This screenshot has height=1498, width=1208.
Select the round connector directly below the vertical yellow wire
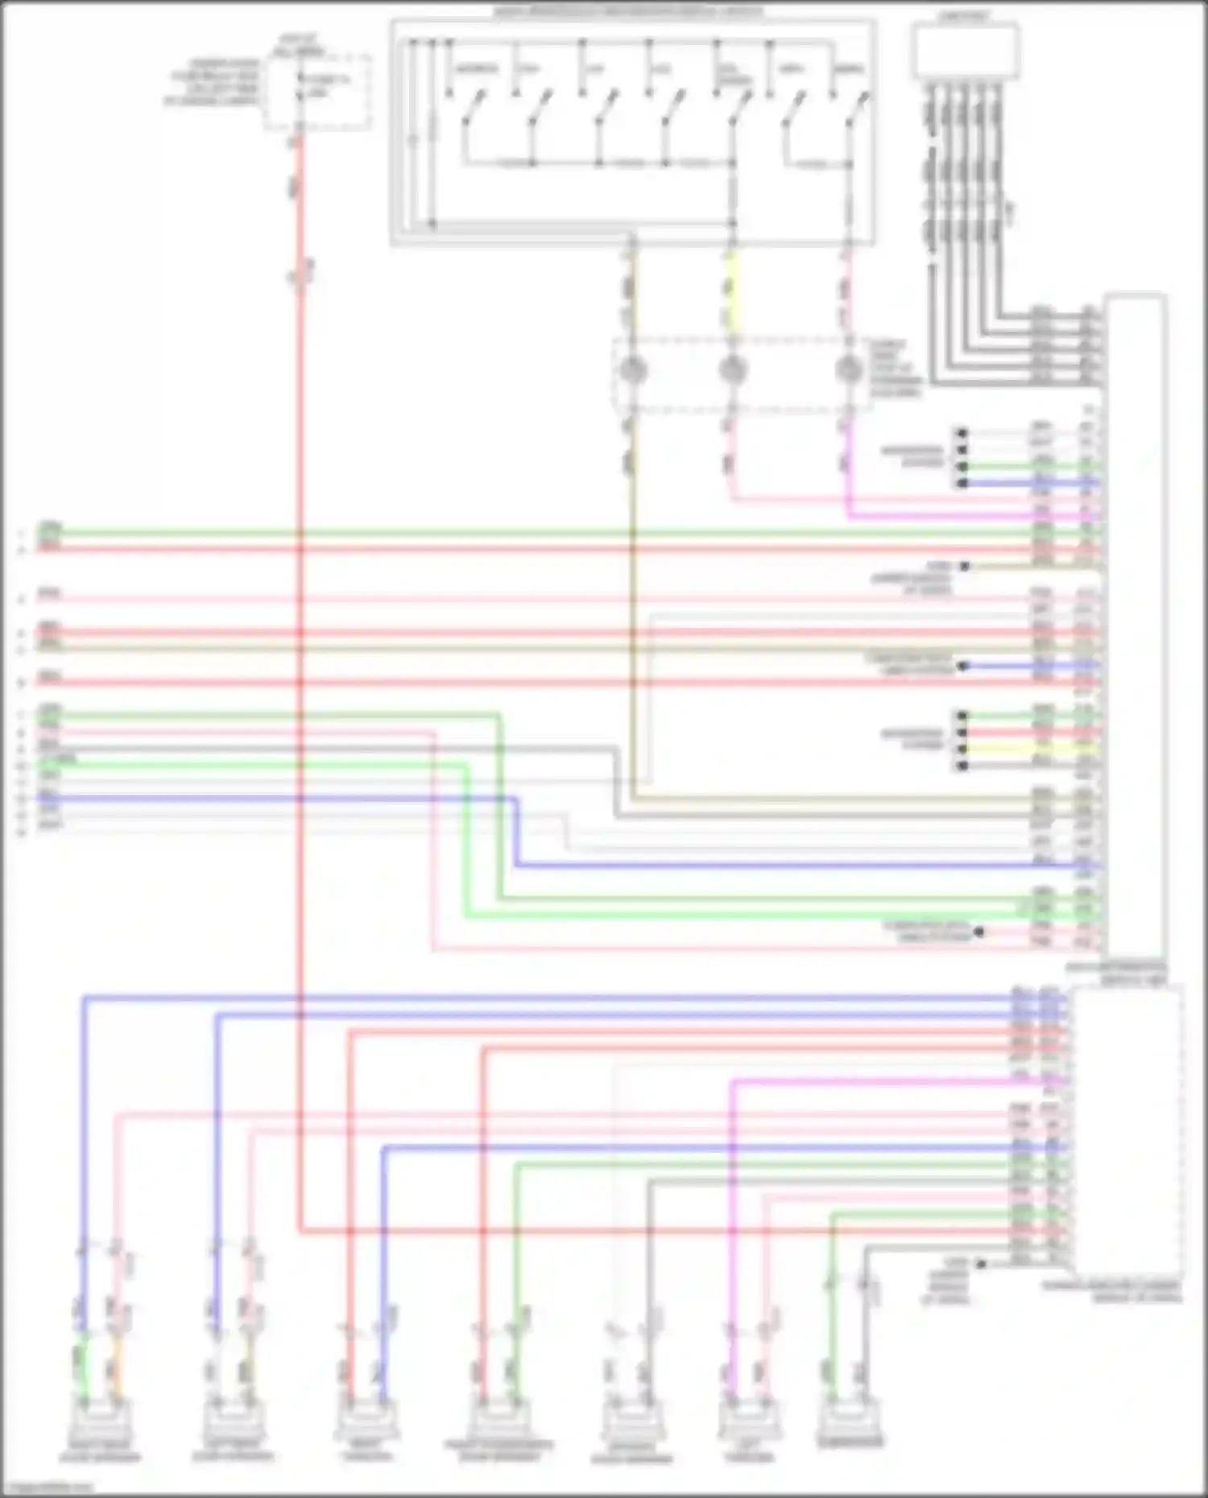pos(731,370)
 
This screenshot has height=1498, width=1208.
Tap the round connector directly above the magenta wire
pos(848,370)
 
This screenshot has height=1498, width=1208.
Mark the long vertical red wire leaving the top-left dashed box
pos(300,644)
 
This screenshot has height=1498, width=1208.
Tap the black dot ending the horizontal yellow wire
pos(962,749)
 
